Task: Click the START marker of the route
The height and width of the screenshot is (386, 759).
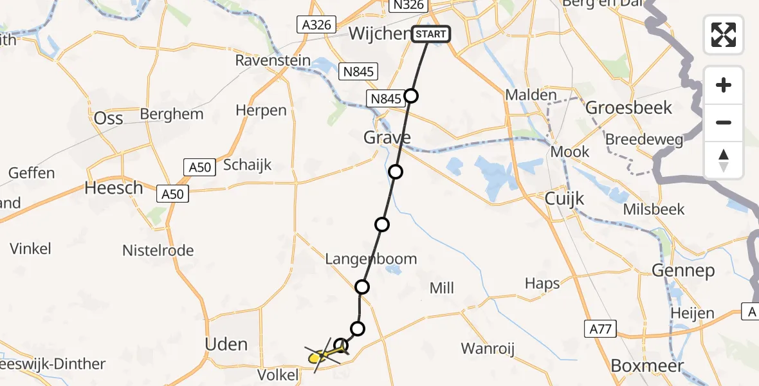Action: pyautogui.click(x=430, y=33)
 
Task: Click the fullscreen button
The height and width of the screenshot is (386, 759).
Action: pyautogui.click(x=724, y=34)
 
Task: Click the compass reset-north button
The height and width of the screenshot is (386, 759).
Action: pyautogui.click(x=724, y=160)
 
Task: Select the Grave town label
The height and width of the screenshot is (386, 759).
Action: pyautogui.click(x=387, y=137)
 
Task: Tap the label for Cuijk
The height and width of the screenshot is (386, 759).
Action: pyautogui.click(x=564, y=199)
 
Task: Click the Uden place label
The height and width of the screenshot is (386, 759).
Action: pyautogui.click(x=226, y=344)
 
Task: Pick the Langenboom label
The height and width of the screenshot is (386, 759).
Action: pyautogui.click(x=371, y=259)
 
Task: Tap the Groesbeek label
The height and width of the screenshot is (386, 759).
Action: pyautogui.click(x=628, y=107)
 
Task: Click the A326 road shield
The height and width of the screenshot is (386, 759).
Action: pyautogui.click(x=316, y=25)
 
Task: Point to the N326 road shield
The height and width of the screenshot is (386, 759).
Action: pyautogui.click(x=408, y=5)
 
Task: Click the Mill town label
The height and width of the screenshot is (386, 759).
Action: pyautogui.click(x=442, y=288)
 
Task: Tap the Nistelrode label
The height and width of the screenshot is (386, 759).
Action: pyautogui.click(x=158, y=250)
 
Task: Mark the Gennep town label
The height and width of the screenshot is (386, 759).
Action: pyautogui.click(x=683, y=271)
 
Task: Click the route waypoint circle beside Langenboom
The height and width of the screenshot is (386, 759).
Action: pyautogui.click(x=363, y=287)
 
